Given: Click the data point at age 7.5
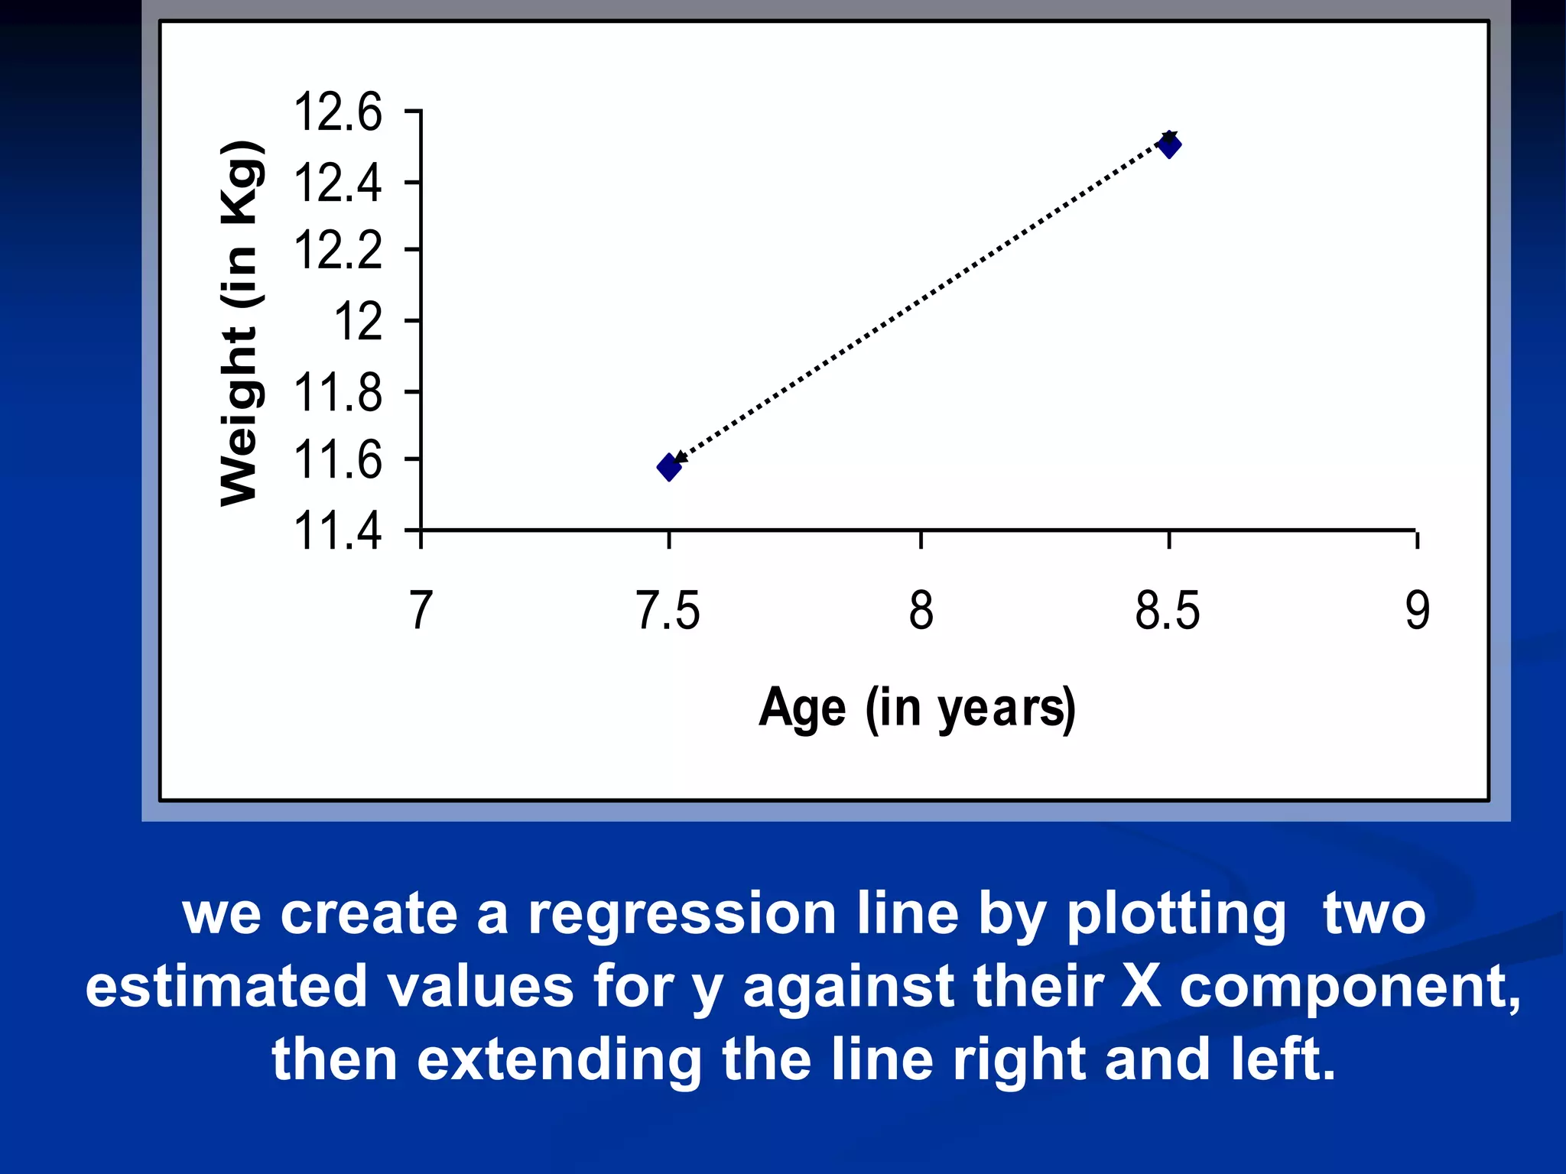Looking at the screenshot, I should (669, 467).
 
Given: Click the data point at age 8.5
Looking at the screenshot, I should (1169, 144).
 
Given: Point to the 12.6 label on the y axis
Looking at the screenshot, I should (337, 112).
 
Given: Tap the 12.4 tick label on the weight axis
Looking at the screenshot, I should (337, 183).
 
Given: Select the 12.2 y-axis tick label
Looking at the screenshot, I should (337, 250).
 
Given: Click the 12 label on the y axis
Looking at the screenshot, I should (358, 321).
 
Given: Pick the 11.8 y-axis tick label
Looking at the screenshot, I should (337, 393).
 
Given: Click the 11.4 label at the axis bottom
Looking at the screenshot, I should (337, 530).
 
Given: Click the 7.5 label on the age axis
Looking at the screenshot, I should (668, 611).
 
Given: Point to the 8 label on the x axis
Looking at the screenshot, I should (921, 611).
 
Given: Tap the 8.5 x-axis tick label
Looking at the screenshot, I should (1168, 611).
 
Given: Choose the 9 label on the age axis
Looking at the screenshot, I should (1417, 611).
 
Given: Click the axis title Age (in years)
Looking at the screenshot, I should (917, 708).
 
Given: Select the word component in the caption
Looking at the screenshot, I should (1350, 986).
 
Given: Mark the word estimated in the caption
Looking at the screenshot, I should (226, 986).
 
